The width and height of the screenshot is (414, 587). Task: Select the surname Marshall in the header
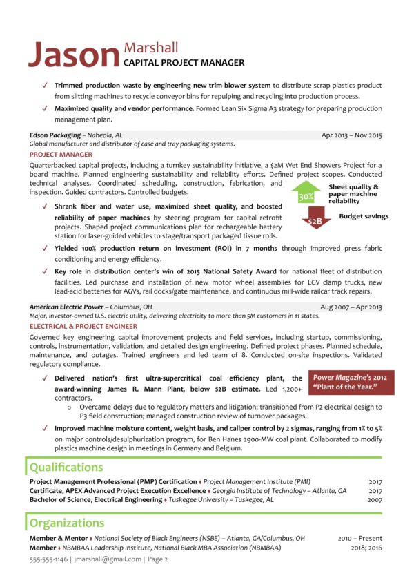point(150,48)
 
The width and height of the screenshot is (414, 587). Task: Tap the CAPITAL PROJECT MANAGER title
point(184,63)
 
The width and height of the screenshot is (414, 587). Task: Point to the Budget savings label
point(364,216)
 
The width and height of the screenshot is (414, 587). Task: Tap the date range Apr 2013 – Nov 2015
point(351,135)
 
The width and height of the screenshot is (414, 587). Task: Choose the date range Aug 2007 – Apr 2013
point(351,307)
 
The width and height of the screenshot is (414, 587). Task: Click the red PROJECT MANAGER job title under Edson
point(61,155)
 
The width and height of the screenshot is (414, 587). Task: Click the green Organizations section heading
point(68,523)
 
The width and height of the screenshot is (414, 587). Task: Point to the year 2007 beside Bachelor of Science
point(375,499)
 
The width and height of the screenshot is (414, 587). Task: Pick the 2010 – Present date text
point(359,537)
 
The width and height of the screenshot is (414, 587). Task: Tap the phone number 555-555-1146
point(50,559)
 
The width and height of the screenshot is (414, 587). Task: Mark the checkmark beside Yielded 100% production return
point(45,248)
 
